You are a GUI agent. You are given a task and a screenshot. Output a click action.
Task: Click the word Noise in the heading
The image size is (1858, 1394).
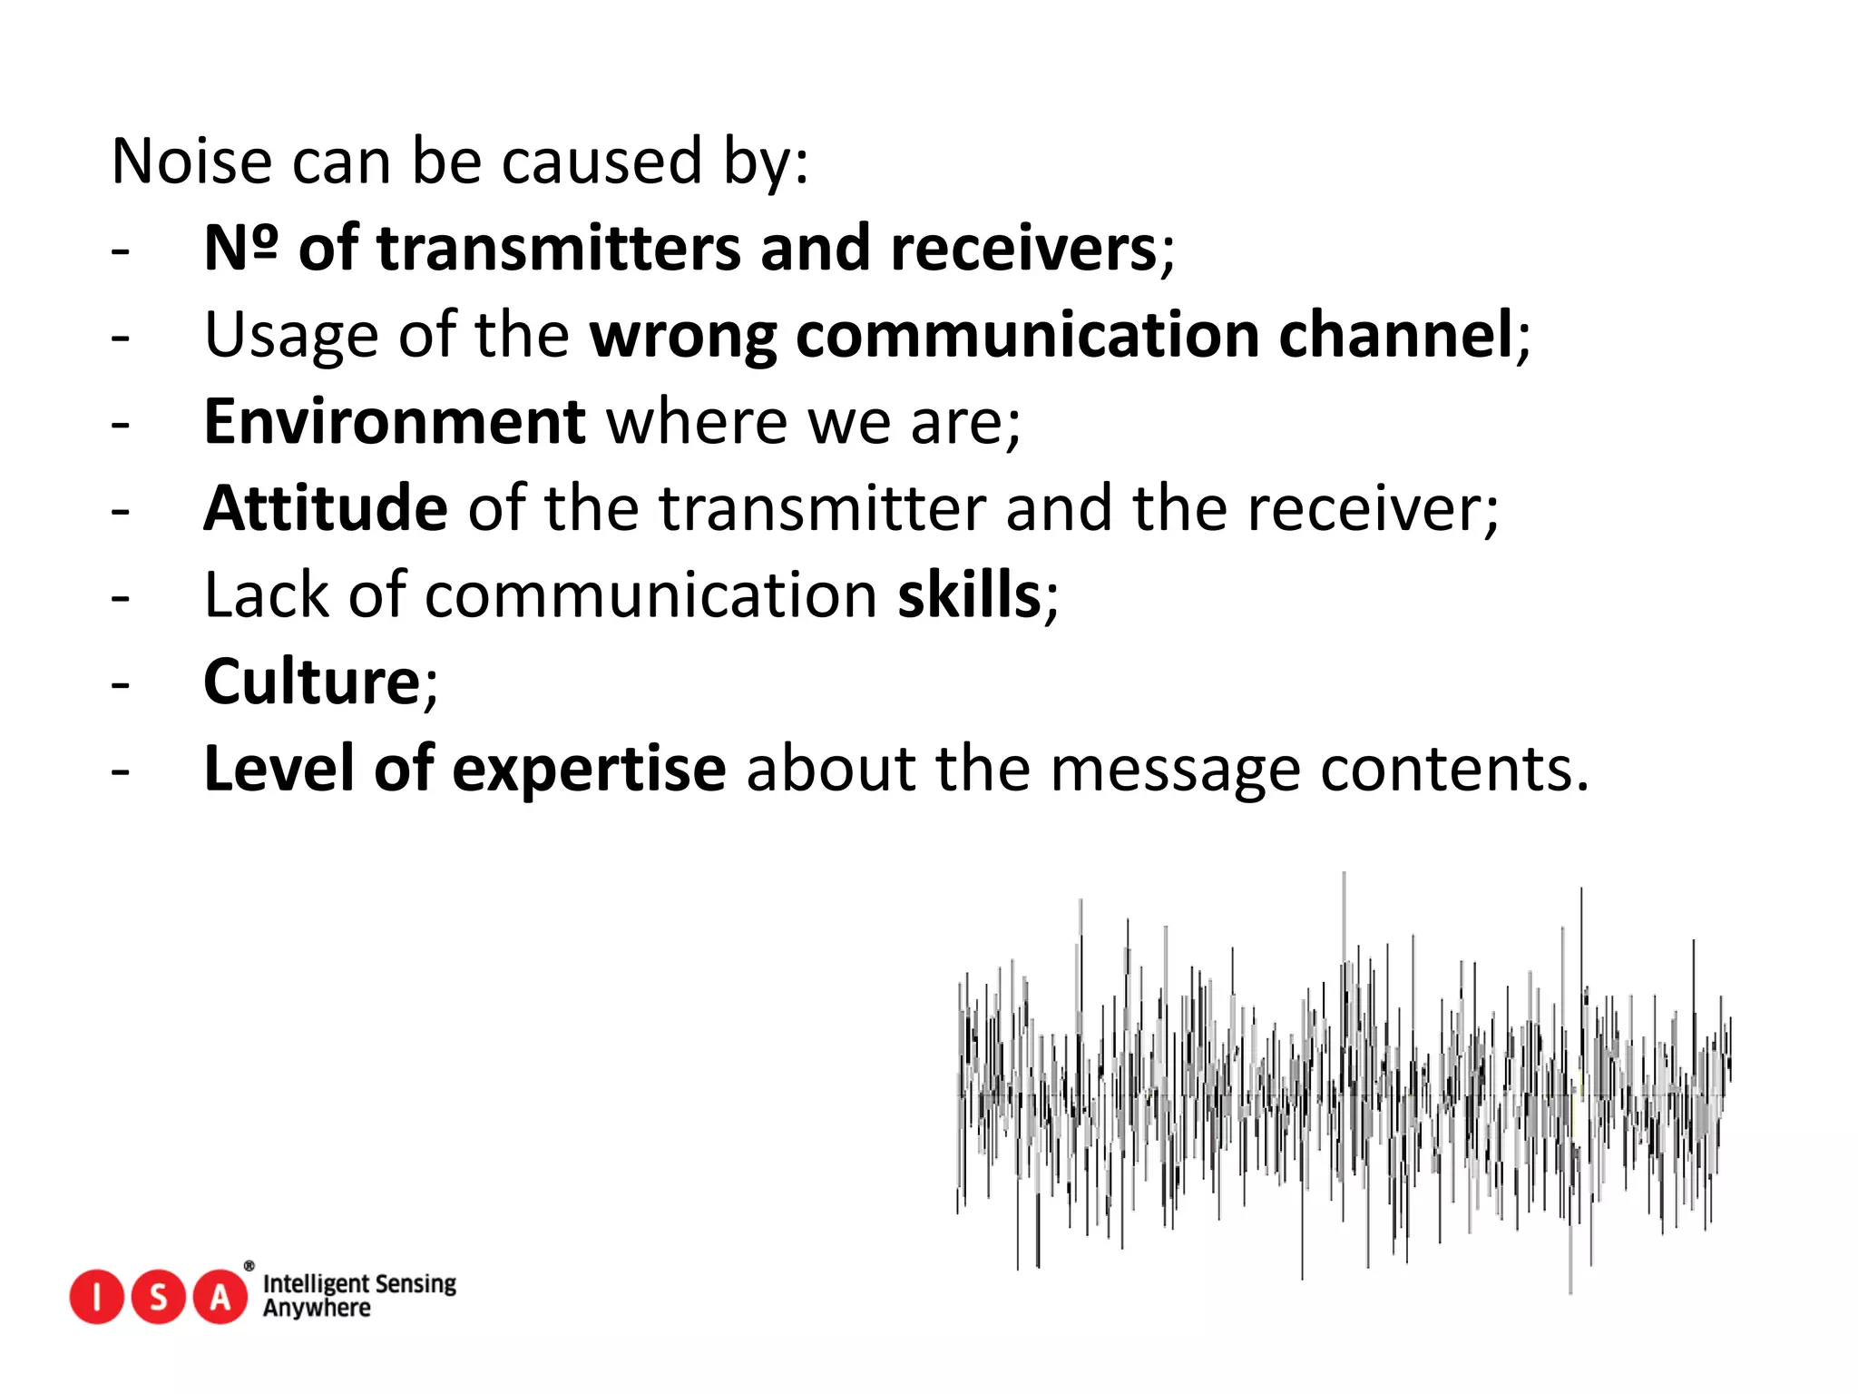click(191, 162)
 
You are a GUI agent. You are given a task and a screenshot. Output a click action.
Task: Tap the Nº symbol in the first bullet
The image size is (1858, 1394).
click(240, 248)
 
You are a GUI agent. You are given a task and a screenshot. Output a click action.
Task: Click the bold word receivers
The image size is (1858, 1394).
click(1023, 248)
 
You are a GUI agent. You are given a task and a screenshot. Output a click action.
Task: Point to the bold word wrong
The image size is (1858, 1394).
click(683, 335)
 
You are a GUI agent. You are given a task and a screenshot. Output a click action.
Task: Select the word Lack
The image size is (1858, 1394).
click(267, 595)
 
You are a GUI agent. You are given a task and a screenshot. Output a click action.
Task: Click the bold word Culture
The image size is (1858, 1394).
click(311, 682)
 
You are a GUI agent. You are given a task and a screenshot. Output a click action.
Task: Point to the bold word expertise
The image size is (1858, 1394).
click(589, 770)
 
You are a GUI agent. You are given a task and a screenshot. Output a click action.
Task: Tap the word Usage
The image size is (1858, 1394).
click(290, 335)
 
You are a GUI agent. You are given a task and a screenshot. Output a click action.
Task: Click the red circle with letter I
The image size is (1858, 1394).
click(96, 1297)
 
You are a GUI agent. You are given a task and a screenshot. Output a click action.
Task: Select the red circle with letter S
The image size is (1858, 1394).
click(159, 1297)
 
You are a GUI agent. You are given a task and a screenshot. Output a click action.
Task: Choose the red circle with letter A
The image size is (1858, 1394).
click(220, 1297)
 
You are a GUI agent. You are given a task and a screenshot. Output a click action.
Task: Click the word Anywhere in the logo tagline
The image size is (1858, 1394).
click(317, 1309)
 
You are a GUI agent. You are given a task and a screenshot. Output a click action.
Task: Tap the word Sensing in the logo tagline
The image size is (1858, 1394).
click(416, 1284)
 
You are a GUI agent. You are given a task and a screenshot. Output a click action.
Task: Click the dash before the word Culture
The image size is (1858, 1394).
click(121, 683)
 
